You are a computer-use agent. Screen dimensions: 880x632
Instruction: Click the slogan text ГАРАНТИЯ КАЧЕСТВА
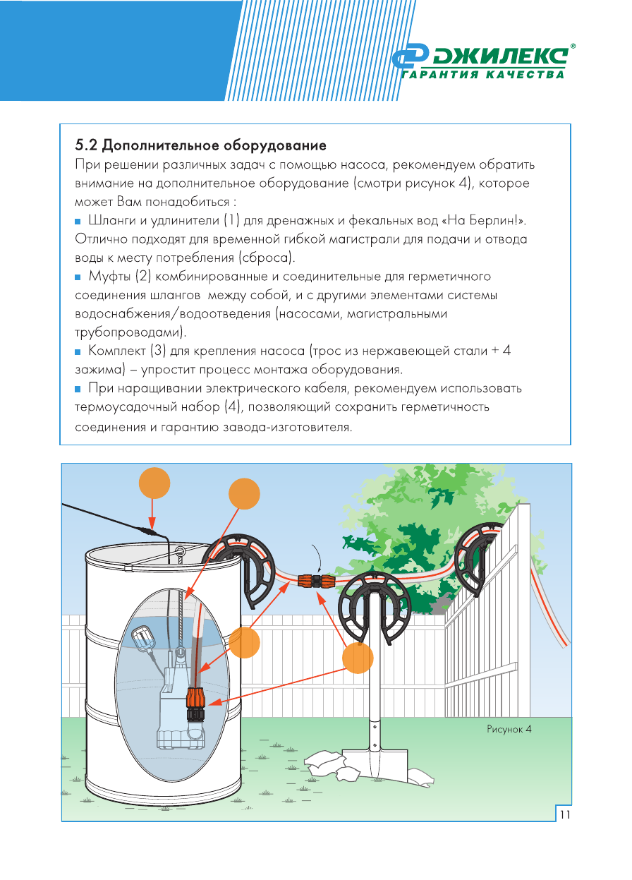[484, 75]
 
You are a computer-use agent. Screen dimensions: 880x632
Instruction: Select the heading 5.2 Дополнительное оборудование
[200, 146]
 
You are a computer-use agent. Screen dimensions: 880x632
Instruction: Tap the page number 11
[564, 814]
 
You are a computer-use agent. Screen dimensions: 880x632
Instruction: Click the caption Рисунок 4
[509, 728]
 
